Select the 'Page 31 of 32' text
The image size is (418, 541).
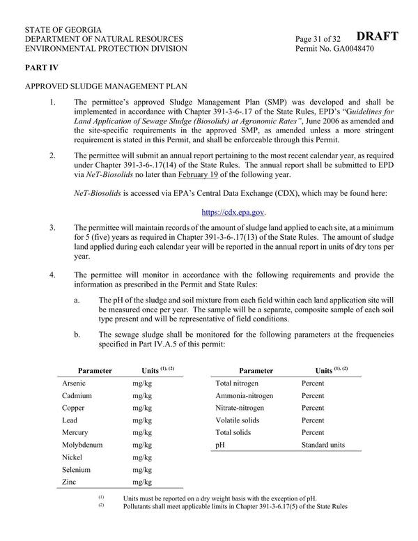(318, 38)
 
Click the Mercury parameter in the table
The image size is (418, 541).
(75, 432)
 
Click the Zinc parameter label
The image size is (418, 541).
(70, 482)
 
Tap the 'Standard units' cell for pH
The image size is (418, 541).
(323, 445)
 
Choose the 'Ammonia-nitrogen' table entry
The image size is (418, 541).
(245, 396)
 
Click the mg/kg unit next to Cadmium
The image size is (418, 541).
(142, 396)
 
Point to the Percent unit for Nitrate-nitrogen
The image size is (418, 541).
(313, 408)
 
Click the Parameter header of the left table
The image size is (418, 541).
(95, 370)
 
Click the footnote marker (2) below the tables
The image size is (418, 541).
(101, 506)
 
